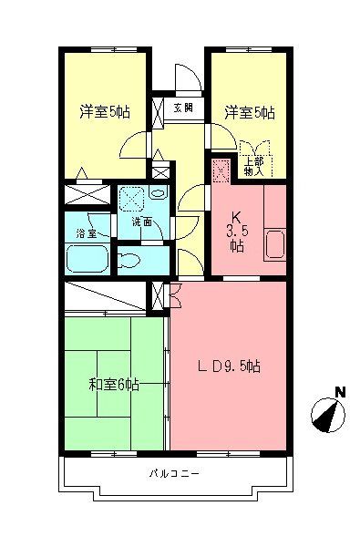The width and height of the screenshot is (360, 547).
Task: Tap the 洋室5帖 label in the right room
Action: pos(249,112)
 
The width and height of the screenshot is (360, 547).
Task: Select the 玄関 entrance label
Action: pos(183,108)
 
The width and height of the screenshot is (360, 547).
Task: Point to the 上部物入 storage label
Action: pos(254,166)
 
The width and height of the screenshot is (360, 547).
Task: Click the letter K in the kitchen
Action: pos(234,218)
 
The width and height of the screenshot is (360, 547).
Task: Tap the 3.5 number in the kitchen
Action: pos(235,232)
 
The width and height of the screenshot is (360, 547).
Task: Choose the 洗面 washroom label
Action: pos(140,222)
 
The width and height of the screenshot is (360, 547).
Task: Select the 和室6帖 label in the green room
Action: pos(115,384)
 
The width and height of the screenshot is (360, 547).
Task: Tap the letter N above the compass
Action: pos(338,393)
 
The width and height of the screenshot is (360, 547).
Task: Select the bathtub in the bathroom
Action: pos(87,259)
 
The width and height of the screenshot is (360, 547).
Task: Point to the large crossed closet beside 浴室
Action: pos(87,195)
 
